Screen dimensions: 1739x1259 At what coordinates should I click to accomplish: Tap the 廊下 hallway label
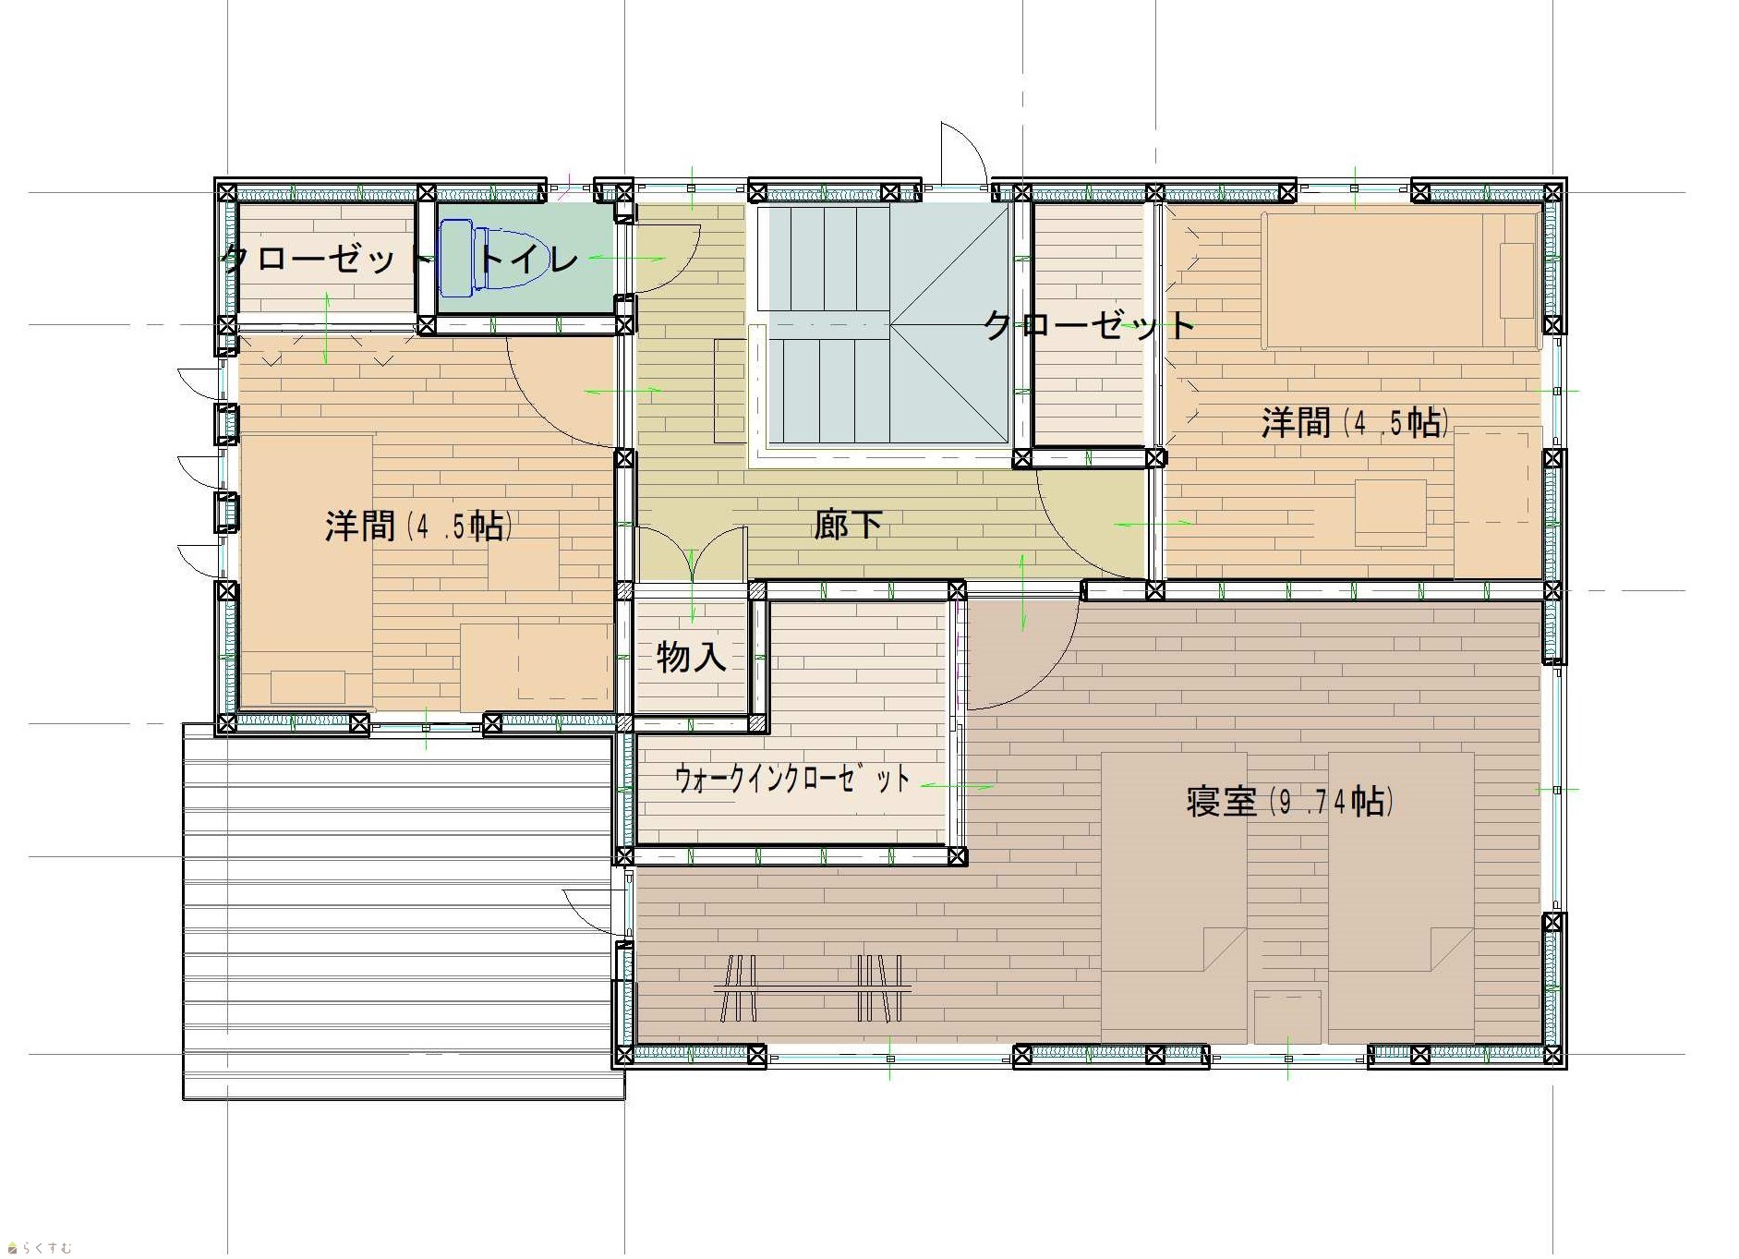point(847,524)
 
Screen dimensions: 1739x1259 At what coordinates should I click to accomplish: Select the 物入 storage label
point(691,657)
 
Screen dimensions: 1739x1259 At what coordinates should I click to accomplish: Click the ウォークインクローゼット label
point(792,779)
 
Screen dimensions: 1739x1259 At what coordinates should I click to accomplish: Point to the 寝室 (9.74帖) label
point(1290,801)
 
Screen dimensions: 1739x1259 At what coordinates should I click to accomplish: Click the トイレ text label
point(526,260)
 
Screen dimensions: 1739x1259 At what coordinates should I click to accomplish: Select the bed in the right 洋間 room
point(1401,280)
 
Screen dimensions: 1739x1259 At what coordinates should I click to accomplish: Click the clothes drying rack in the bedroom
point(813,988)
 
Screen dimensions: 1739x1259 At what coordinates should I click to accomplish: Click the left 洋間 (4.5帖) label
point(419,526)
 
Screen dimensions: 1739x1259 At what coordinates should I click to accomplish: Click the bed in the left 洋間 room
point(307,572)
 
